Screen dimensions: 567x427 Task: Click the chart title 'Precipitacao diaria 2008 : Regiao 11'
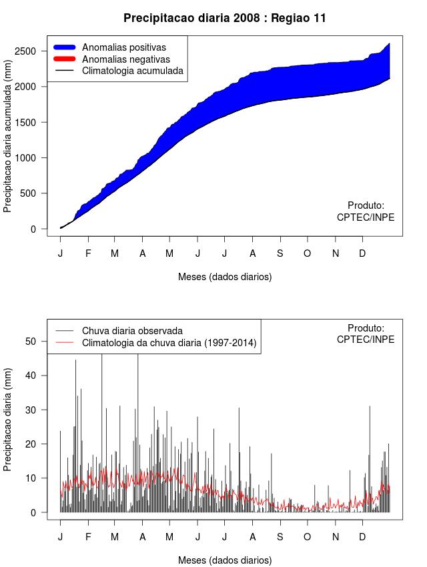click(x=225, y=18)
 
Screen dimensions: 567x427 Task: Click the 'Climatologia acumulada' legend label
click(x=132, y=71)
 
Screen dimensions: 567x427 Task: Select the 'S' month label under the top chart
click(x=280, y=253)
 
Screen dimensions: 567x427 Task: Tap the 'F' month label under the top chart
click(x=87, y=253)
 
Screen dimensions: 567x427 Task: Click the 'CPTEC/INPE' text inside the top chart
click(x=366, y=217)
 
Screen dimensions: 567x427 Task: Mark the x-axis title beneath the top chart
click(x=225, y=276)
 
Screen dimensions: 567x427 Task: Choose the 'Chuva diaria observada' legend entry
click(x=132, y=331)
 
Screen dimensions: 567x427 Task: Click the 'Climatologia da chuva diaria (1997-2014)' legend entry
click(x=169, y=343)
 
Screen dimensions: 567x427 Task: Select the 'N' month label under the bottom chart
click(x=336, y=537)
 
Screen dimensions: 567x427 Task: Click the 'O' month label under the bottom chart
click(x=308, y=537)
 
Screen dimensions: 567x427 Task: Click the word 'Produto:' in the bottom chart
click(x=366, y=328)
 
